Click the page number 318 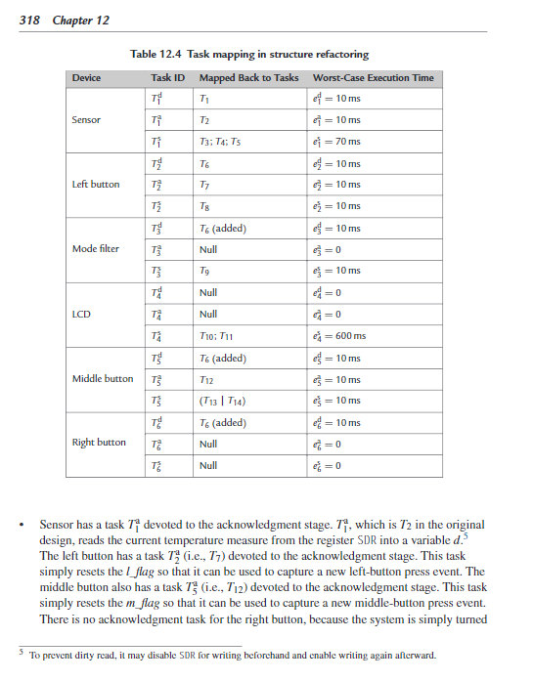click(x=29, y=21)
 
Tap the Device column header click(x=86, y=77)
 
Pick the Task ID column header click(x=168, y=77)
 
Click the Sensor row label click(x=87, y=119)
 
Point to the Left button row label click(x=96, y=184)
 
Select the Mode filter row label click(x=96, y=248)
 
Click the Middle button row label click(x=103, y=378)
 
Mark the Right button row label click(x=99, y=443)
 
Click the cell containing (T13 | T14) click(x=222, y=401)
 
